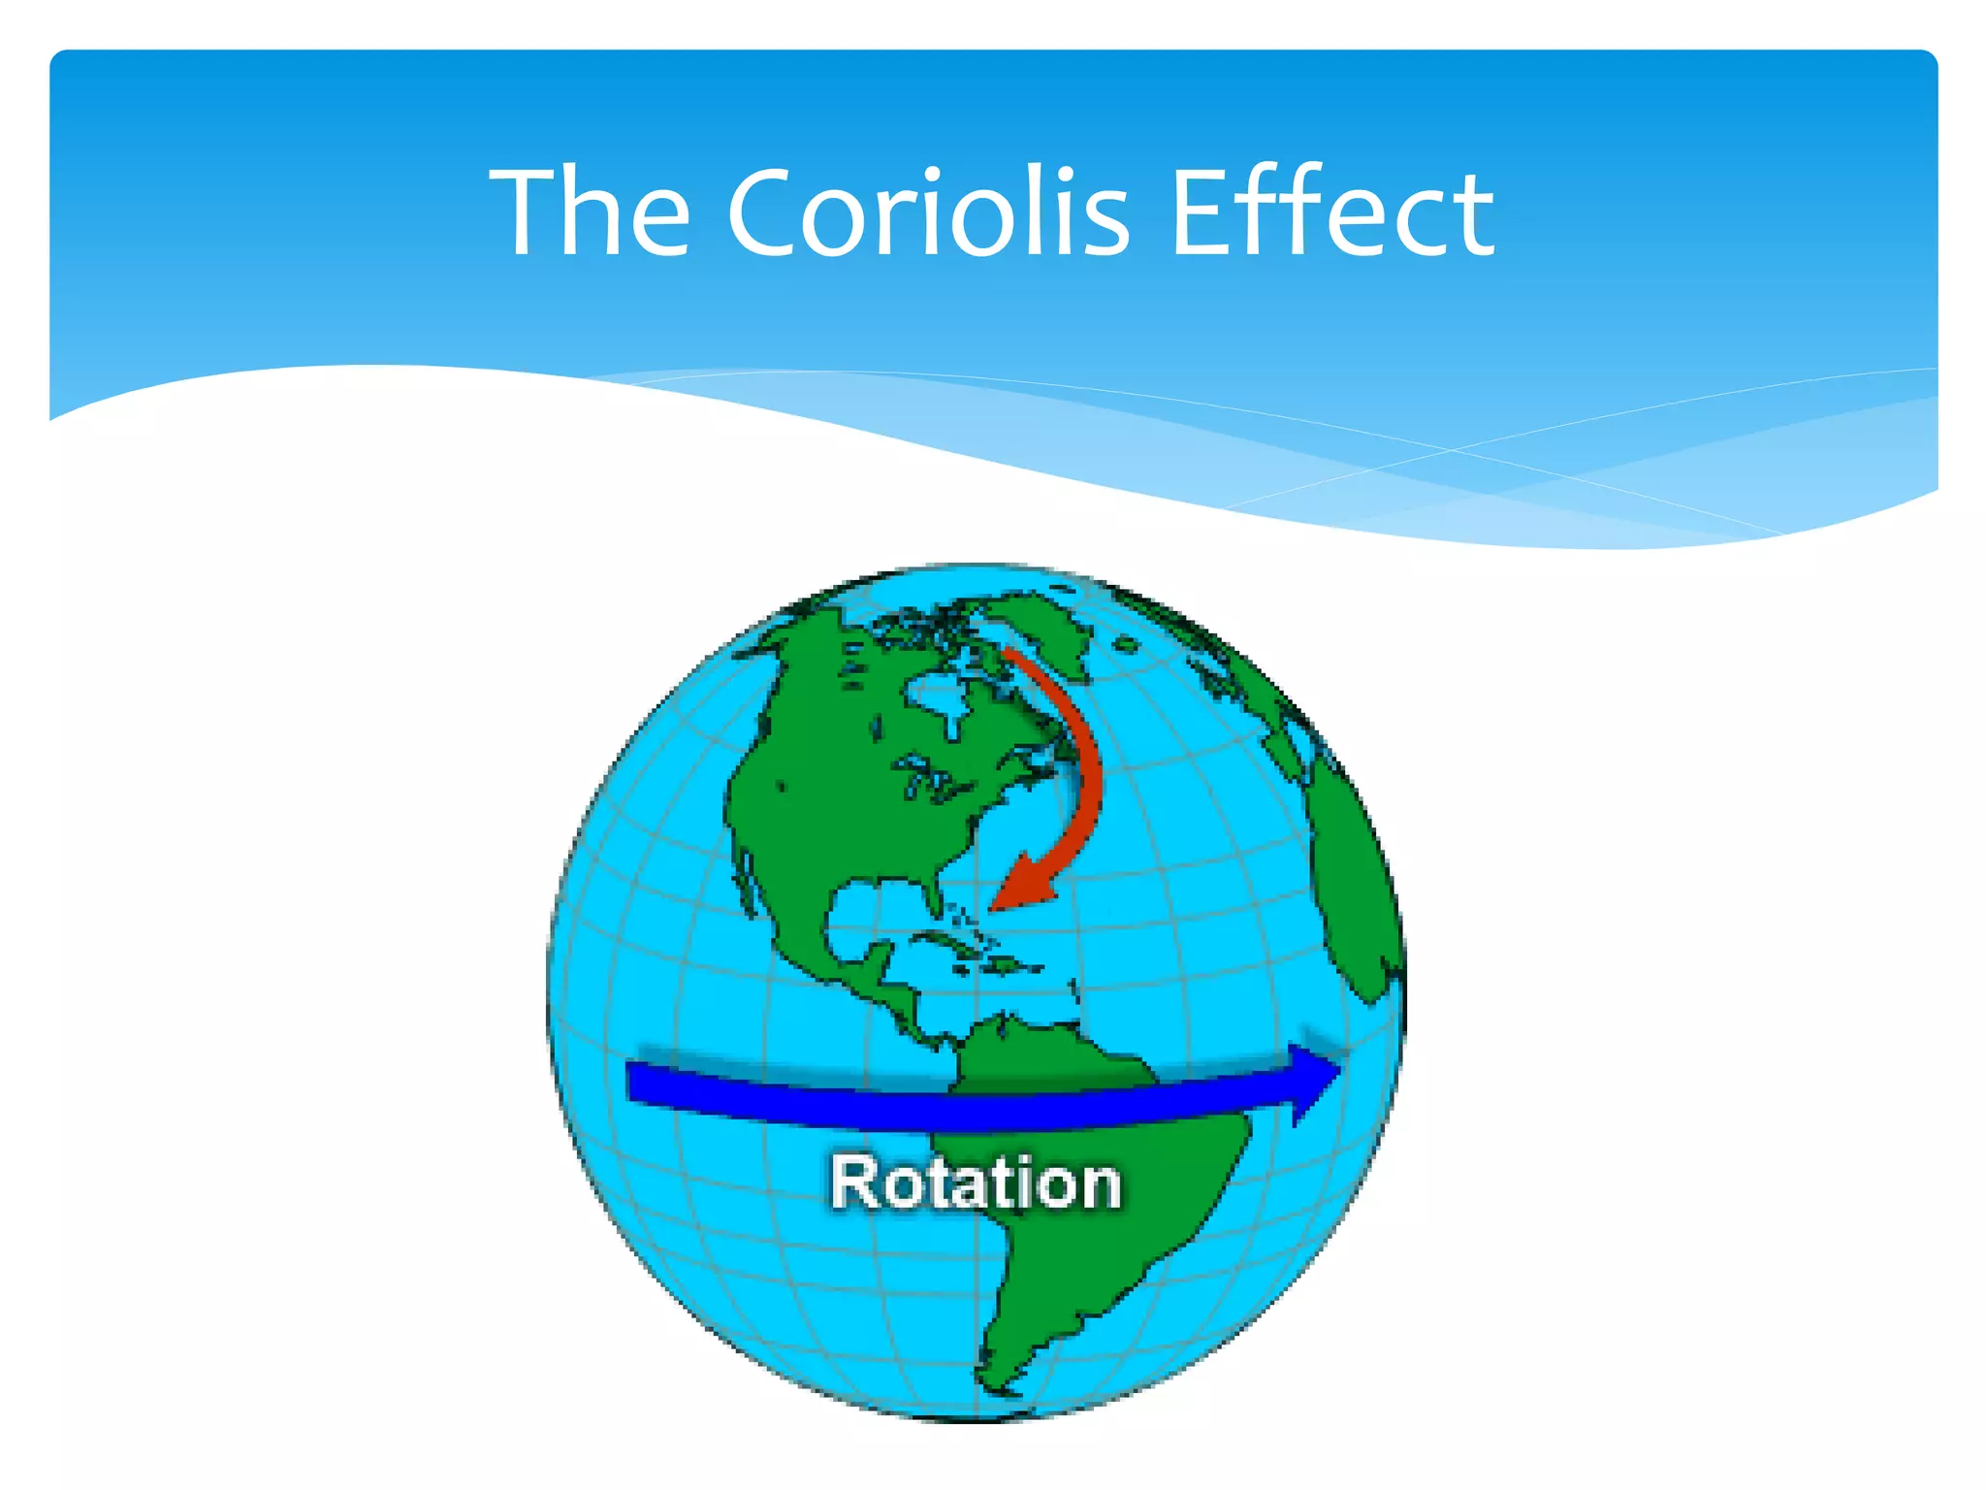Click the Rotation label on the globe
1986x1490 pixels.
(x=976, y=1183)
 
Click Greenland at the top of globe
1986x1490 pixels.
(x=1042, y=626)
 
